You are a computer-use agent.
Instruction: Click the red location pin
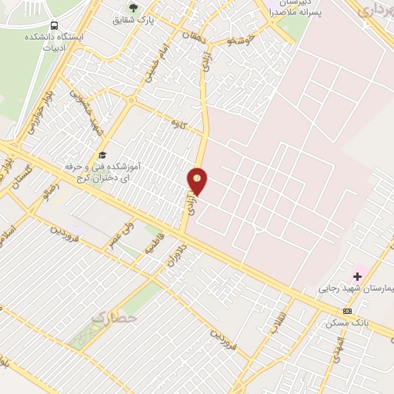[x=198, y=181]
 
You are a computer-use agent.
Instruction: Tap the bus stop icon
[x=52, y=26]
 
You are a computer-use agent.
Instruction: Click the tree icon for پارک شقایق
[x=133, y=8]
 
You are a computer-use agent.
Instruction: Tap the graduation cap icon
[x=102, y=153]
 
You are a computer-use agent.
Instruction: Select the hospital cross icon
[x=357, y=275]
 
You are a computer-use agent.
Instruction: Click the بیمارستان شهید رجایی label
[x=356, y=290]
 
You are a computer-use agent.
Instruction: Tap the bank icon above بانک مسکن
[x=347, y=310]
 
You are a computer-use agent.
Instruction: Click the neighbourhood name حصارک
[x=114, y=316]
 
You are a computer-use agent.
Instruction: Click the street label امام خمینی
[x=151, y=65]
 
